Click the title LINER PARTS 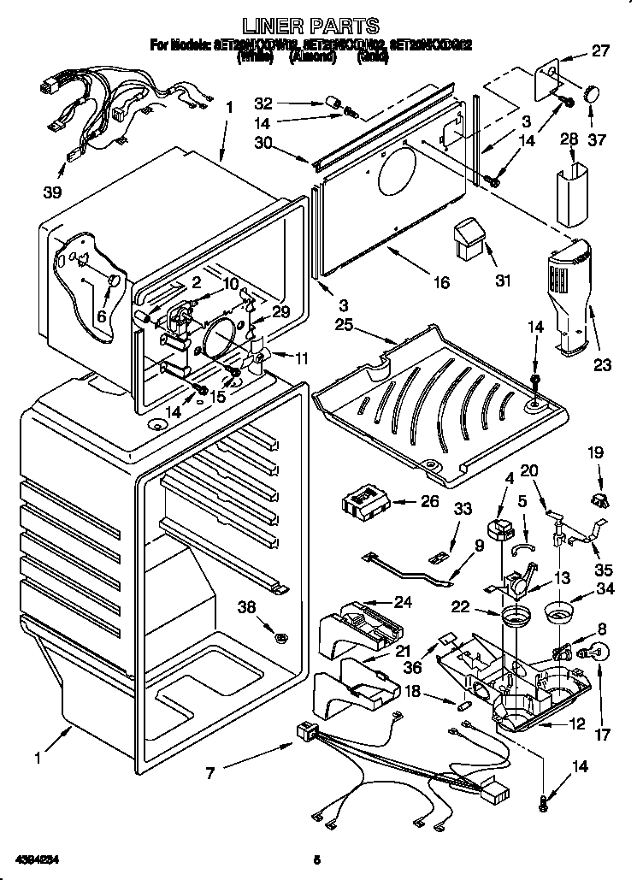322,27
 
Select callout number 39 53,192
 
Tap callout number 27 601,50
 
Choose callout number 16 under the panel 441,282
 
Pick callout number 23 602,364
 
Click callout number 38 248,609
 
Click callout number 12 577,725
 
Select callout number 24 403,602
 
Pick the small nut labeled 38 280,636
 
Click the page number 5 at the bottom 316,859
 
